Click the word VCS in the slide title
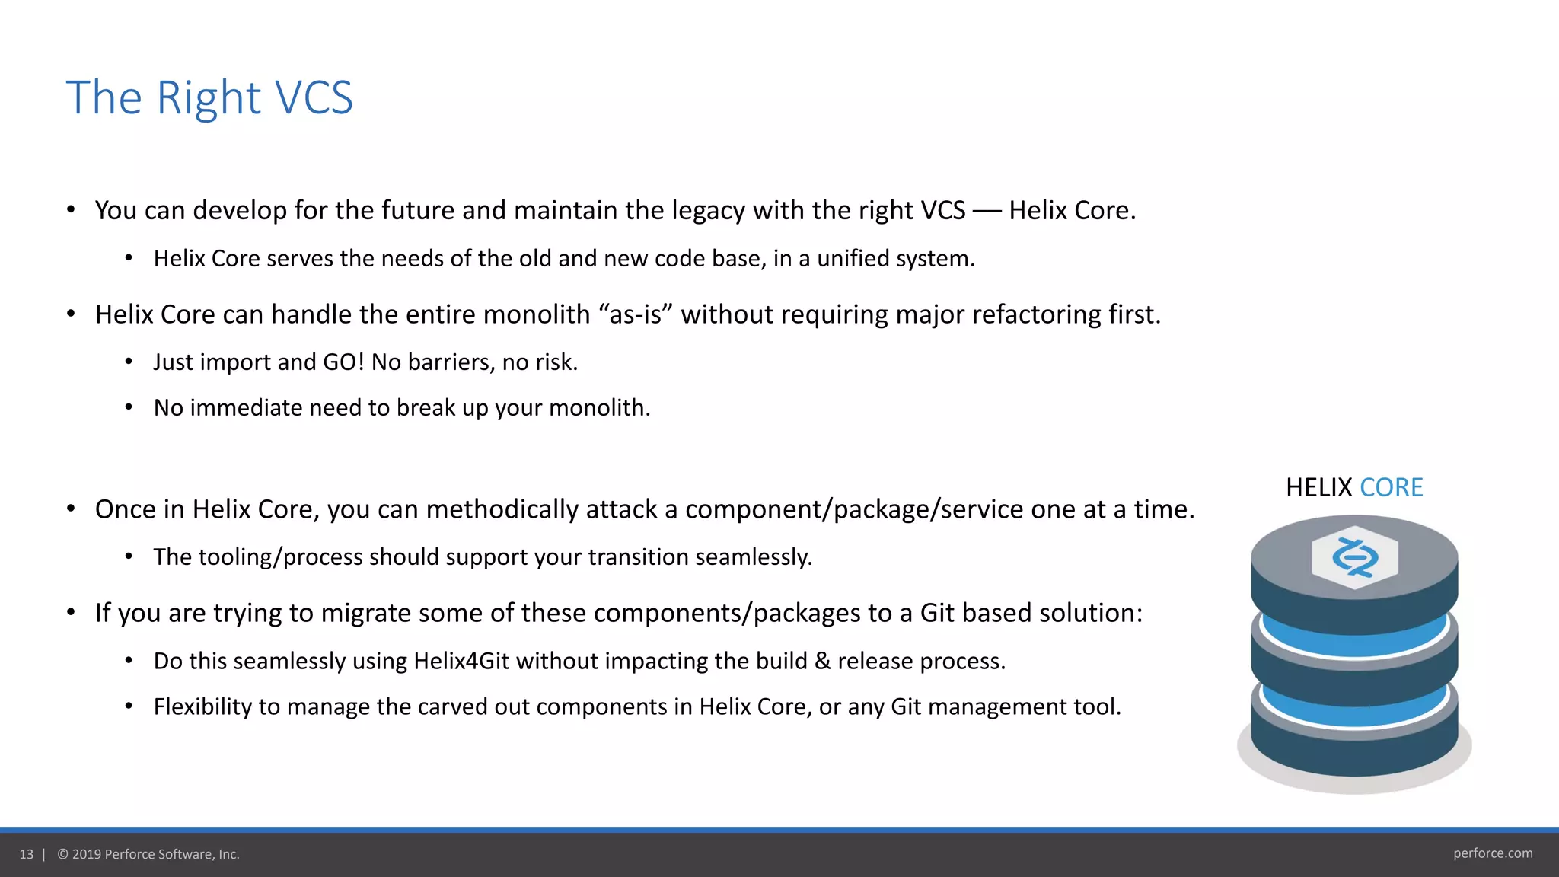coord(313,98)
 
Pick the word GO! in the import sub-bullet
coord(344,362)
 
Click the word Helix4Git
coord(461,661)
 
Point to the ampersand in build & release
coord(822,661)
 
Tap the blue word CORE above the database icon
coord(1391,487)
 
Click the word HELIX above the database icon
coord(1318,487)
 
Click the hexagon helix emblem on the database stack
coord(1355,557)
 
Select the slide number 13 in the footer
coord(27,854)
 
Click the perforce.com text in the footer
coord(1493,853)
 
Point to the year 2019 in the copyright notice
coord(86,854)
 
